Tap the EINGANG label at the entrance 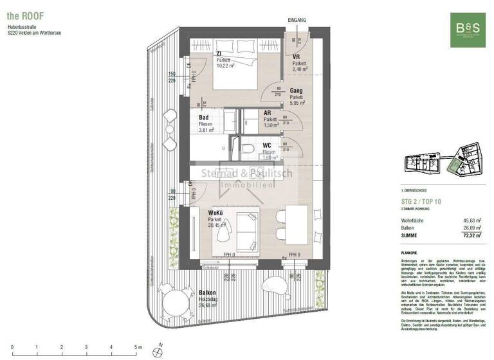pos(297,20)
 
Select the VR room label pos(297,57)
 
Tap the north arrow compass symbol pos(157,351)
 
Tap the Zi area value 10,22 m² pos(226,66)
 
